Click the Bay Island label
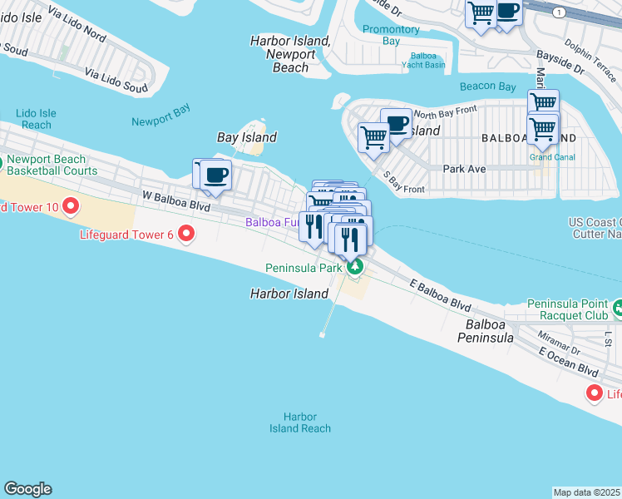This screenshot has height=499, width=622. (246, 137)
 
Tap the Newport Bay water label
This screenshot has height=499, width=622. (160, 121)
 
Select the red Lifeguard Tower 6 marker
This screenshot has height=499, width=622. (186, 235)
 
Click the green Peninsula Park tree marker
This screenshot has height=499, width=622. (356, 267)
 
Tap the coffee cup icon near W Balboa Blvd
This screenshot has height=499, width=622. (216, 175)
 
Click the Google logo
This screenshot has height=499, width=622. (27, 489)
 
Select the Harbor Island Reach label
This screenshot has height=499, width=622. (299, 422)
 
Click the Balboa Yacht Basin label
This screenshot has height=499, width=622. (423, 61)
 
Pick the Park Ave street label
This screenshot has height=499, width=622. (464, 168)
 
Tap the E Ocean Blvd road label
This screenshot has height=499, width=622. (568, 361)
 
